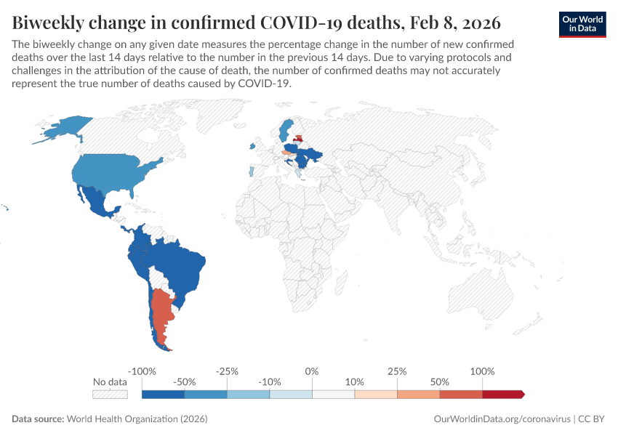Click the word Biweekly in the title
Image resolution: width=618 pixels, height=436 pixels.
click(x=49, y=20)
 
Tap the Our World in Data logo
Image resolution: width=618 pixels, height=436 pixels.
click(x=582, y=23)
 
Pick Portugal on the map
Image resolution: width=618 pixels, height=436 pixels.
click(x=252, y=172)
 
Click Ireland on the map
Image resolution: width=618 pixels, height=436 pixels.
click(x=253, y=146)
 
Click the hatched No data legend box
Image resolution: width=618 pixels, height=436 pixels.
click(x=110, y=394)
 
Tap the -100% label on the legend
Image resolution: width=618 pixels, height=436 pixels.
click(x=142, y=371)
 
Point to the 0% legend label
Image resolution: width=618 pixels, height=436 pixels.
click(x=312, y=371)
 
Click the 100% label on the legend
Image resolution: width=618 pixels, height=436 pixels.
click(x=482, y=371)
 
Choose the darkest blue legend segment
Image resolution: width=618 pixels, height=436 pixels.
click(x=163, y=394)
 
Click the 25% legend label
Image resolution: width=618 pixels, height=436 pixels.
click(x=397, y=371)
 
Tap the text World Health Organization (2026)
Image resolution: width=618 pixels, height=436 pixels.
click(x=137, y=419)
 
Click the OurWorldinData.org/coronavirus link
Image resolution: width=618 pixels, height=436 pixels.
click(x=502, y=419)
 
